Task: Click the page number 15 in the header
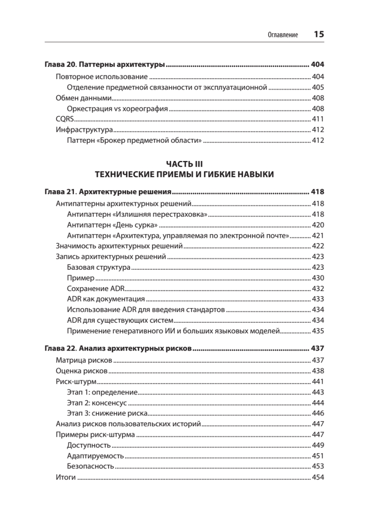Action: [319, 35]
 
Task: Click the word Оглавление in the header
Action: [283, 36]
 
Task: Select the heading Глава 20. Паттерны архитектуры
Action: [105, 65]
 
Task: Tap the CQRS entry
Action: [66, 119]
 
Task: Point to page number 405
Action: [318, 87]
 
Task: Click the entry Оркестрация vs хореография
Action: [117, 108]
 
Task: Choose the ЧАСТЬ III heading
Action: [184, 164]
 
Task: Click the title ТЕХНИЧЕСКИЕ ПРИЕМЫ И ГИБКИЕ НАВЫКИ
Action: [184, 174]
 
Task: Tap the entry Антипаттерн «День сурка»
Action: [112, 225]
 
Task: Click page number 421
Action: [318, 236]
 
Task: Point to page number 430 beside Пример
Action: [318, 278]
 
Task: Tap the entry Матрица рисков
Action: [84, 360]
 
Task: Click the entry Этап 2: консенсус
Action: [103, 402]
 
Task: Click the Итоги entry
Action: [66, 477]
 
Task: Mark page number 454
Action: [318, 477]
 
